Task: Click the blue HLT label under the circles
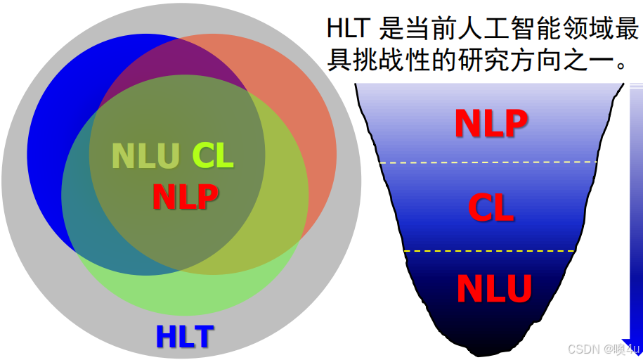185,336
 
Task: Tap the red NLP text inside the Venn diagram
185,196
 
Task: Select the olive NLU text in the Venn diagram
145,156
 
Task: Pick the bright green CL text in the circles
213,155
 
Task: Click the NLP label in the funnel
491,123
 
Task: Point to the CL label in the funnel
491,207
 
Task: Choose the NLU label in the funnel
494,288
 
